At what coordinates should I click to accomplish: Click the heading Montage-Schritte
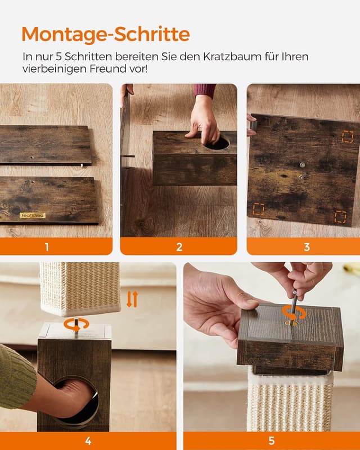click(106, 35)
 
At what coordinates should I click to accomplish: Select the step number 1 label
click(47, 247)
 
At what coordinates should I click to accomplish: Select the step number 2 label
click(179, 247)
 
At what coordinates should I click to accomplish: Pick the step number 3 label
click(307, 247)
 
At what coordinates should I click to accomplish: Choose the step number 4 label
click(88, 441)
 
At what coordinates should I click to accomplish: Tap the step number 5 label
click(272, 441)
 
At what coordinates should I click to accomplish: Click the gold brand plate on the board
click(33, 215)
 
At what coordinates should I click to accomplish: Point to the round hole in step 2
click(217, 143)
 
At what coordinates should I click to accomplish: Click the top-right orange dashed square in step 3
click(348, 137)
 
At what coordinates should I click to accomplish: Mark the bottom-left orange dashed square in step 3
click(258, 209)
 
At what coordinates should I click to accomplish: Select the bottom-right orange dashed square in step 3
click(340, 217)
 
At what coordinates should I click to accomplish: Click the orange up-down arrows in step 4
click(132, 299)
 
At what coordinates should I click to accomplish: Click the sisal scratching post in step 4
click(80, 288)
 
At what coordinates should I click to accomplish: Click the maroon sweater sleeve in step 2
click(205, 90)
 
